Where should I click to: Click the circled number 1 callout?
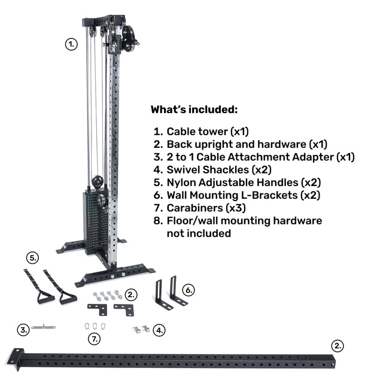71,44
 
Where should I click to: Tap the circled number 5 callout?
32,258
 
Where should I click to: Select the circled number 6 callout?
189,290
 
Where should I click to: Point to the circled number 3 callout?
23,330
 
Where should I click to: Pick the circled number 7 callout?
95,339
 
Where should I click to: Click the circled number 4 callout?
159,330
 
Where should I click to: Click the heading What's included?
194,110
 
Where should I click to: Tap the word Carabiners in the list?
194,208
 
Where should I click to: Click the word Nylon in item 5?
181,183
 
